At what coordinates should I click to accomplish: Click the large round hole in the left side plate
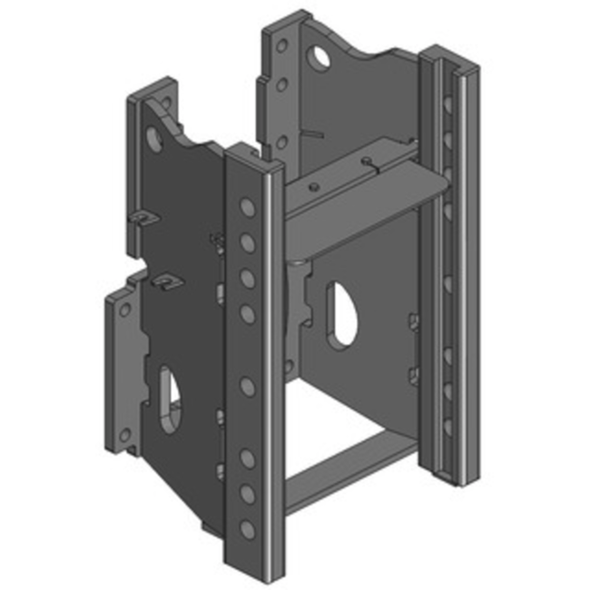point(154,139)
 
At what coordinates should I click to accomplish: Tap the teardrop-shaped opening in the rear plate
point(340,313)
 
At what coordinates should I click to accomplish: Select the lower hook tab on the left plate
point(162,284)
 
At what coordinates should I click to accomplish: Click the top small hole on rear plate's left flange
point(281,44)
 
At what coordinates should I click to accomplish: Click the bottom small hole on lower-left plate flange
point(124,435)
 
